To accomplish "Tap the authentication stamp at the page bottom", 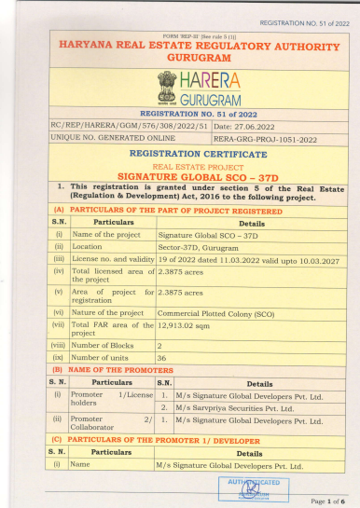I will [x=243, y=487].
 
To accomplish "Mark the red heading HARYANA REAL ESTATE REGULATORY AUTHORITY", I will [x=180, y=44].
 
